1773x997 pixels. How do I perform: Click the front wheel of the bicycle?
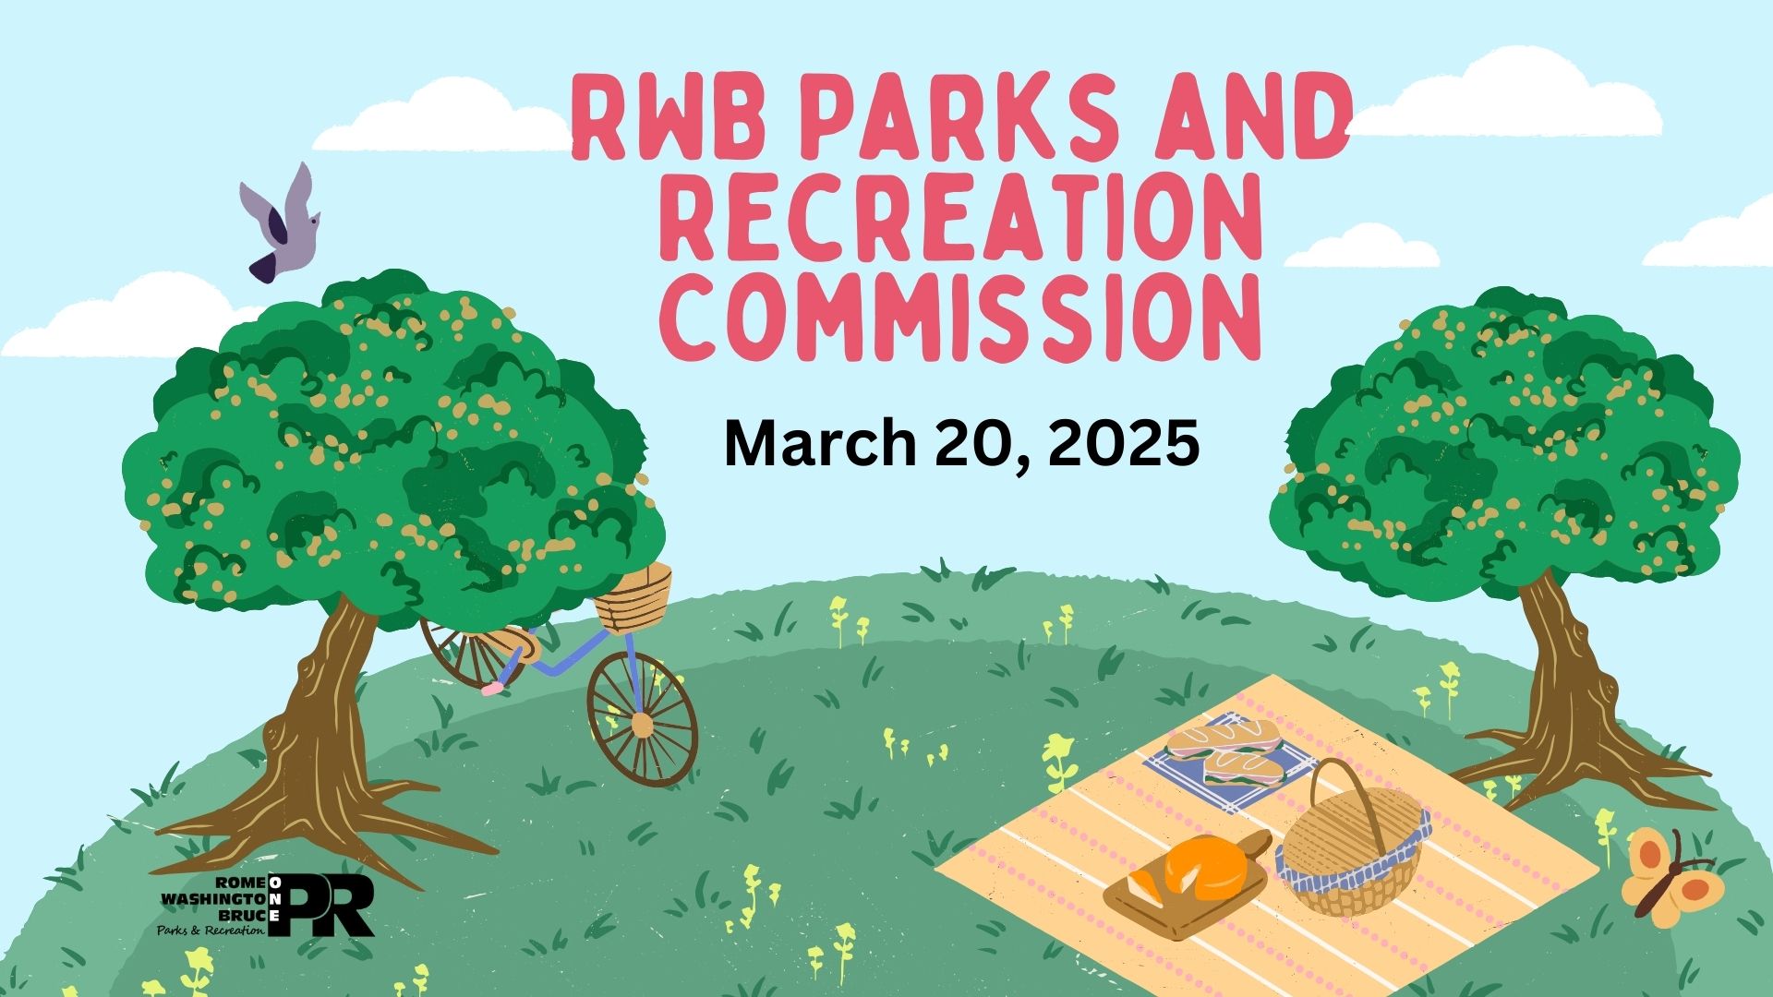coord(642,719)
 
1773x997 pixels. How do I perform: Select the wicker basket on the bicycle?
coord(633,595)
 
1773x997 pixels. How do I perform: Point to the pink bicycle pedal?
coord(491,688)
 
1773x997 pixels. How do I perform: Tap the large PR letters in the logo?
coord(331,907)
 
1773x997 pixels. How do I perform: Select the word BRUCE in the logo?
coord(242,915)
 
